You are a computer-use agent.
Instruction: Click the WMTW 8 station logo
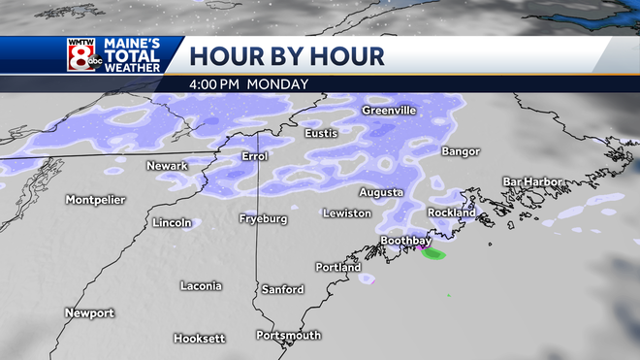coord(80,54)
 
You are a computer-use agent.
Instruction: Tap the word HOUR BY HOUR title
coord(287,54)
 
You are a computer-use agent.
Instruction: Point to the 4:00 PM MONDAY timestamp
coord(249,83)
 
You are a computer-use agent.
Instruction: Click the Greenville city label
coord(389,111)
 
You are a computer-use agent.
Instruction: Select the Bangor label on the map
coord(461,151)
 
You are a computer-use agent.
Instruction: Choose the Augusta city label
coord(381,192)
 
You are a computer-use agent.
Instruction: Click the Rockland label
coord(452,213)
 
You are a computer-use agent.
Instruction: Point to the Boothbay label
coord(404,241)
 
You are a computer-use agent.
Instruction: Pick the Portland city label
coord(338,267)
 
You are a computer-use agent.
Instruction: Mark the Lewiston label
coord(347,213)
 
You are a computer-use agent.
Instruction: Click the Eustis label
coord(322,133)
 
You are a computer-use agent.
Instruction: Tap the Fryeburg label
coord(263,218)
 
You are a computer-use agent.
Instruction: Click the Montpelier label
coord(95,200)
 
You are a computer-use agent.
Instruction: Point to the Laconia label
coord(201,285)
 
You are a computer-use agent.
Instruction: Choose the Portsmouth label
coord(288,335)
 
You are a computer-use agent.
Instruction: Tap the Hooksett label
coord(199,338)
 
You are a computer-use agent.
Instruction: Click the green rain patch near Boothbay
coord(433,254)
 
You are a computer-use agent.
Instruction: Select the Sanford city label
coord(282,289)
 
